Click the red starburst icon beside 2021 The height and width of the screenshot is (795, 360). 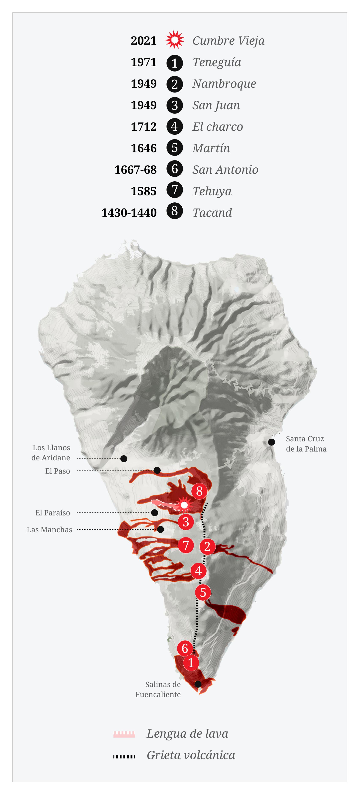pos(175,40)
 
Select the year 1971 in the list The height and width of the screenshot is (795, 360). pos(143,62)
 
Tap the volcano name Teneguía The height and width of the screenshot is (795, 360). pos(217,62)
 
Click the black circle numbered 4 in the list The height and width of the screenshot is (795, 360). pos(175,126)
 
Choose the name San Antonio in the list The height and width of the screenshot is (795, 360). pos(225,170)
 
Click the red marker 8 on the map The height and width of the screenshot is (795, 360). pos(199,491)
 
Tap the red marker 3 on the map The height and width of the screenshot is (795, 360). pos(186,522)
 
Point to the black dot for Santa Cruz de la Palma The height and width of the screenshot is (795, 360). pos(271,442)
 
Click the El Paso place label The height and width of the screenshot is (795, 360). pos(58,471)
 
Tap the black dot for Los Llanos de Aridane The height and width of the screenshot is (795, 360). pos(124,459)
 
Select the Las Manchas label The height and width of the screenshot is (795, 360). pos(49,530)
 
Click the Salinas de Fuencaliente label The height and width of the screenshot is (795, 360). pos(158,689)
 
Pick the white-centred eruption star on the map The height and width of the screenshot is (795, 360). pos(184,505)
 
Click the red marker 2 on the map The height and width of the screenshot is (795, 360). pos(207,547)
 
